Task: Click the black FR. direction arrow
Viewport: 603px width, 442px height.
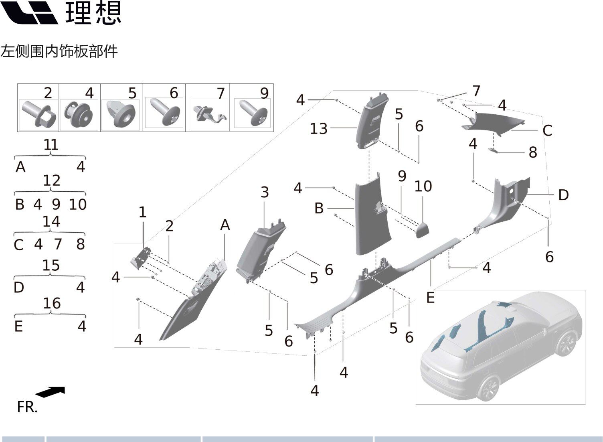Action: [50, 392]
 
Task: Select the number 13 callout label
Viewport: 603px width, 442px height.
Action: [319, 129]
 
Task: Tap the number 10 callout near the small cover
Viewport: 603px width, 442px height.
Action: [423, 187]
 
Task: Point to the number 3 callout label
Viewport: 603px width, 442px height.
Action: [265, 193]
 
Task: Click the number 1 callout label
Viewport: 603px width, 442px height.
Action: [142, 213]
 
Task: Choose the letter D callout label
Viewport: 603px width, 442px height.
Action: [563, 195]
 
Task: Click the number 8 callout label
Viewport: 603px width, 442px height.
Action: [532, 153]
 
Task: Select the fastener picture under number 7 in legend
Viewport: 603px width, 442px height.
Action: [209, 114]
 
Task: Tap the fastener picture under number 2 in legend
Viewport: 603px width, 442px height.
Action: [39, 114]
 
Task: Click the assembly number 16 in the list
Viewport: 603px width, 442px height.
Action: [52, 304]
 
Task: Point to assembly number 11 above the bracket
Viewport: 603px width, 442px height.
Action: [51, 145]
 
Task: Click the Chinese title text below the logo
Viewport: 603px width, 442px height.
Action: [59, 51]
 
